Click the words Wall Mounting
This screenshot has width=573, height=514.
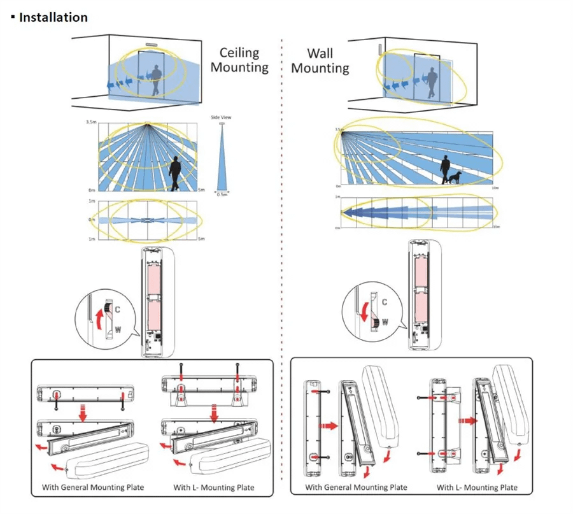pos(320,61)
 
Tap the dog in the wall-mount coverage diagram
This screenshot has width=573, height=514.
pos(455,178)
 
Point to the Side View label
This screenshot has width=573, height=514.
pos(221,118)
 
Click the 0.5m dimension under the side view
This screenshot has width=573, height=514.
pos(221,194)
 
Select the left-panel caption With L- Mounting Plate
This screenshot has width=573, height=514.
pos(214,487)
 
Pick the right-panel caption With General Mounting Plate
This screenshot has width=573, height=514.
pos(356,487)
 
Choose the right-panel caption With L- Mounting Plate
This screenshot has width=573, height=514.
pos(477,487)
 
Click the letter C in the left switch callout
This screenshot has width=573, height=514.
pos(118,308)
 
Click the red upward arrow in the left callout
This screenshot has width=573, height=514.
pos(98,317)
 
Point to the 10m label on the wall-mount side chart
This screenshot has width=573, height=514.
pos(495,189)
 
